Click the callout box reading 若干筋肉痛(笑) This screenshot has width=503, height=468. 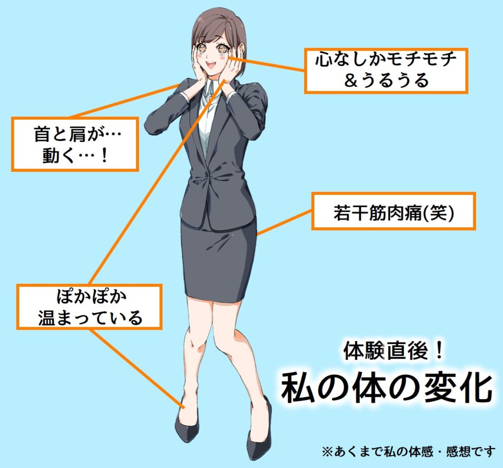tap(393, 211)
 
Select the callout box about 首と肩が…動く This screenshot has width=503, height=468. tap(75, 144)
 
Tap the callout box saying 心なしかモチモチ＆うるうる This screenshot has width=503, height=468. tap(386, 71)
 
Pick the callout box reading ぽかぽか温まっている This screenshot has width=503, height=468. tap(89, 307)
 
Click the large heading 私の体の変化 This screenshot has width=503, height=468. tap(387, 388)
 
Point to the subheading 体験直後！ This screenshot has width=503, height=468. tap(393, 350)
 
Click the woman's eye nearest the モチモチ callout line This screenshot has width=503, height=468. tap(222, 49)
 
